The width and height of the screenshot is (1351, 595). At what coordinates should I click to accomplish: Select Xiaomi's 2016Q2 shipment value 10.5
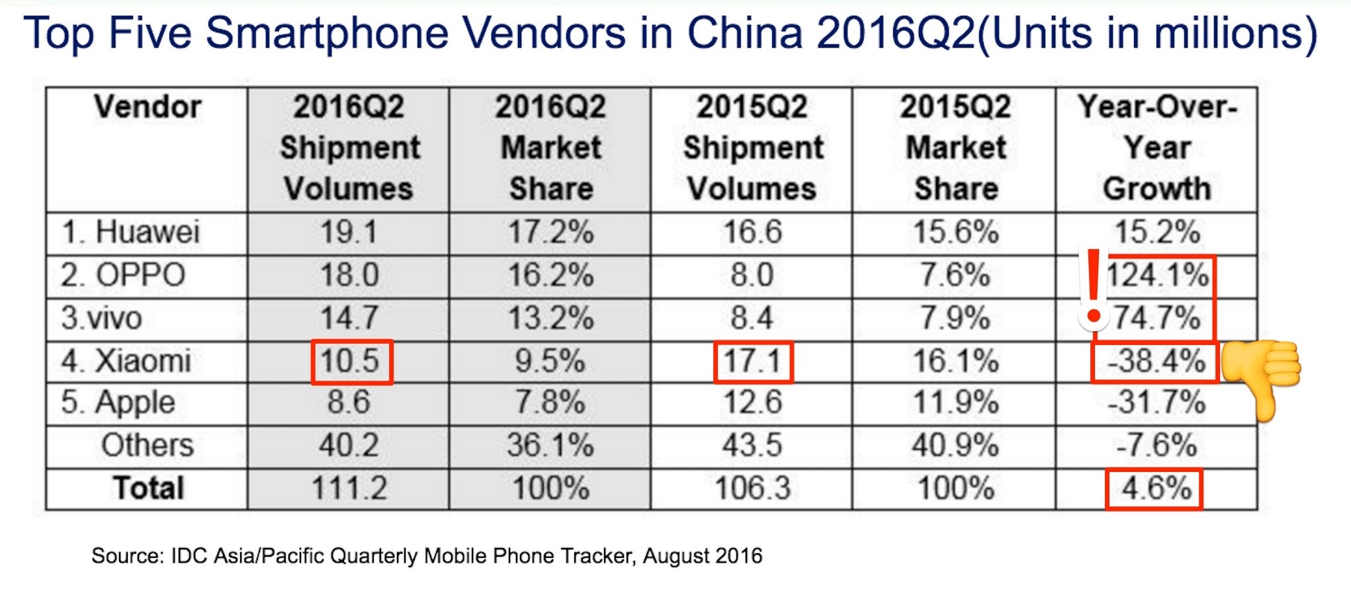point(351,362)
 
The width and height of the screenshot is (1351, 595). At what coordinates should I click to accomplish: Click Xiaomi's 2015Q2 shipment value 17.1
point(753,362)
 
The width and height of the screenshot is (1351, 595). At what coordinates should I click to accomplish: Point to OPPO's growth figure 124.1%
point(1157,275)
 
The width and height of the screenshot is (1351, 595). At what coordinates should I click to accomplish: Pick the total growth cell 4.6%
point(1155,489)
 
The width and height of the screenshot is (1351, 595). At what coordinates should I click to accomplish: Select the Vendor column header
point(147,107)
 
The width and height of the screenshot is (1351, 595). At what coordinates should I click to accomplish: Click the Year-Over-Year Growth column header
point(1156,147)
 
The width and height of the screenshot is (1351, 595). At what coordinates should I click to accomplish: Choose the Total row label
point(148,489)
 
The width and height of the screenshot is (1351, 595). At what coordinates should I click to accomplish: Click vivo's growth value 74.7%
point(1157,318)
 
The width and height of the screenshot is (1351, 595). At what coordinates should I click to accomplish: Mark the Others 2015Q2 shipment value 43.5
point(752,446)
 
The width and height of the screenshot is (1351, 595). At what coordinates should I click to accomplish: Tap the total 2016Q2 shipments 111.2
point(349,489)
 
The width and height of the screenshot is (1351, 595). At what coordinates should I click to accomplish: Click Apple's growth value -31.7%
point(1156,403)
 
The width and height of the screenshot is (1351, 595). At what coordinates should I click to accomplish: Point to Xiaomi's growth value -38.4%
point(1156,362)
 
